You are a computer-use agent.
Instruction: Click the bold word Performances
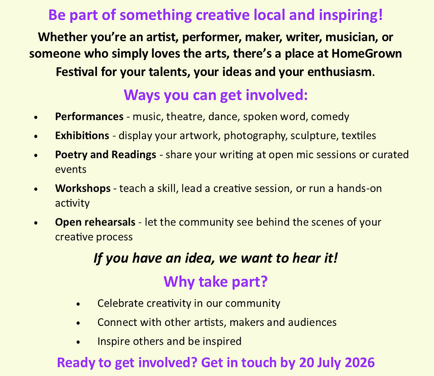tap(89, 116)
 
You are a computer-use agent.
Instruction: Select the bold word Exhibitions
tap(82, 136)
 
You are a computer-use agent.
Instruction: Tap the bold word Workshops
tap(83, 188)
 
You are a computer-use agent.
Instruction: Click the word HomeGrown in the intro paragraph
tap(367, 53)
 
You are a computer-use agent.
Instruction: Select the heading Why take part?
tap(216, 282)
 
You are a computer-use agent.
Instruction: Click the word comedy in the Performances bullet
tap(330, 117)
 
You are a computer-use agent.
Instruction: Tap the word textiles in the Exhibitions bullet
tap(359, 136)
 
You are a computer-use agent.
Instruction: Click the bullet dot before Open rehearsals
tap(36, 222)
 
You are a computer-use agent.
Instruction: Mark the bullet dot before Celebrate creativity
tap(78, 304)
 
